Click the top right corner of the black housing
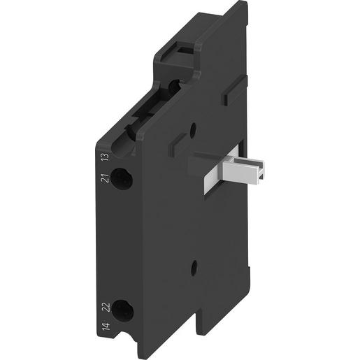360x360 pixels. point(245,4)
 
